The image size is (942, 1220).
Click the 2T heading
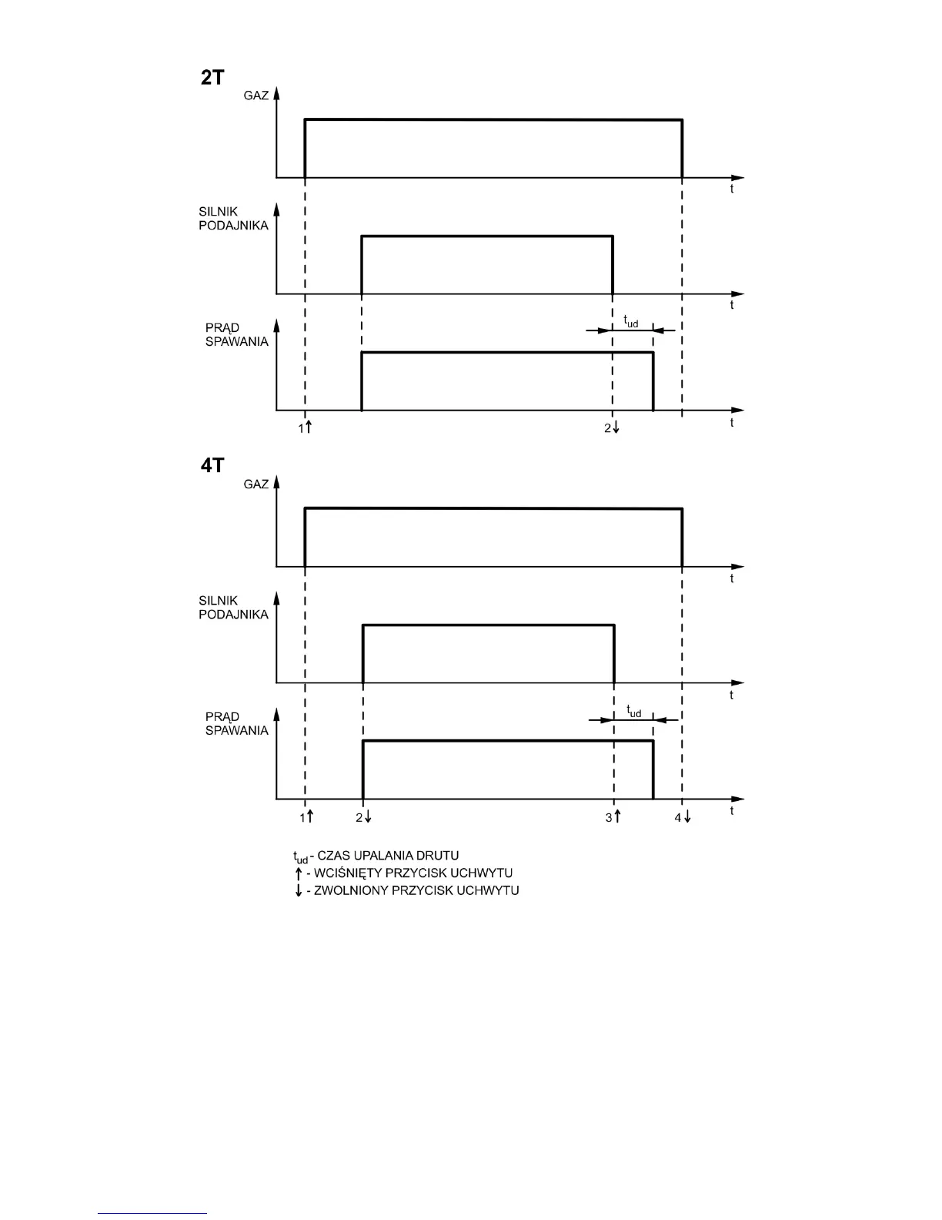212,77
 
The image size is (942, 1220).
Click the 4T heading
212,466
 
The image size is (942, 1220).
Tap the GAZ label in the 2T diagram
256,96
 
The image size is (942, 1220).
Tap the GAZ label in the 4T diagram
256,484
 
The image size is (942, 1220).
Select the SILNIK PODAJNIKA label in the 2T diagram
233,219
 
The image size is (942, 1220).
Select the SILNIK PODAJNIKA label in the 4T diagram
233,608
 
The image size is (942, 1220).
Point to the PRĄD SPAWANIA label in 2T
236,335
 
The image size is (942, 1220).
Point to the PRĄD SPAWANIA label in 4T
236,724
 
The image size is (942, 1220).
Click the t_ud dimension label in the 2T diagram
630,321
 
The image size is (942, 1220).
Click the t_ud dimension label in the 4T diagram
633,711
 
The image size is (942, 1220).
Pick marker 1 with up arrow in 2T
305,427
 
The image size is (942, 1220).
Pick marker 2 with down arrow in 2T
612,427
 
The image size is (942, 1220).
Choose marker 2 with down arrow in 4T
364,816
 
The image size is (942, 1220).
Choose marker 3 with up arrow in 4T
613,816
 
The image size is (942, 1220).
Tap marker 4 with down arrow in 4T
683,816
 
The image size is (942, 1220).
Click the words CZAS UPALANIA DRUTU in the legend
388,856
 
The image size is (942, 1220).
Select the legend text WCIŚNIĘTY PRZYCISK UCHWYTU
413,873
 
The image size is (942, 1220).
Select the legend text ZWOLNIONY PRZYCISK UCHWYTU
416,890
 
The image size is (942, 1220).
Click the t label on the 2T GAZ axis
732,189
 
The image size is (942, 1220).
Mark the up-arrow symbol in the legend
299,873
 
